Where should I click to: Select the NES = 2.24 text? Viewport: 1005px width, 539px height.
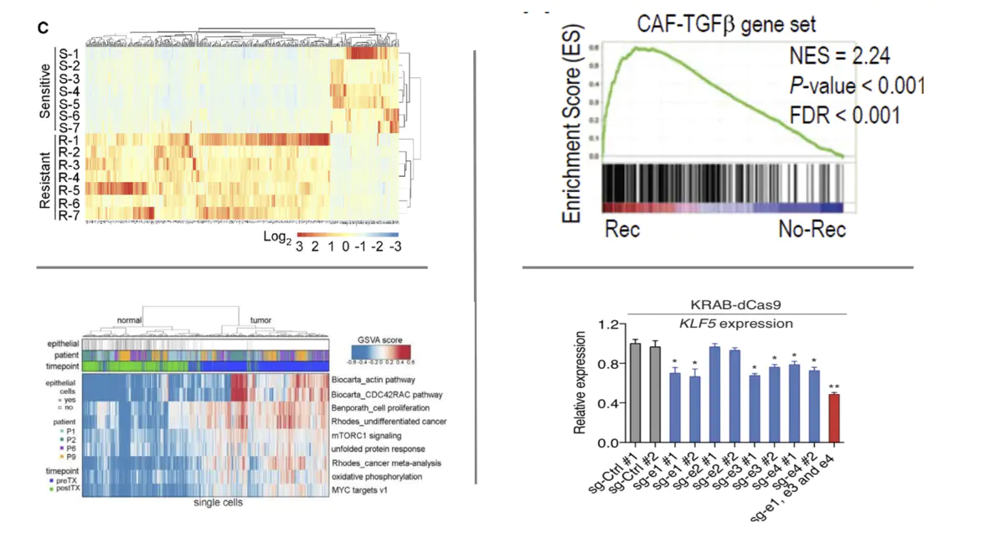[839, 57]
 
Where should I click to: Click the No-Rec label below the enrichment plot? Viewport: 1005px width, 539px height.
[812, 230]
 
